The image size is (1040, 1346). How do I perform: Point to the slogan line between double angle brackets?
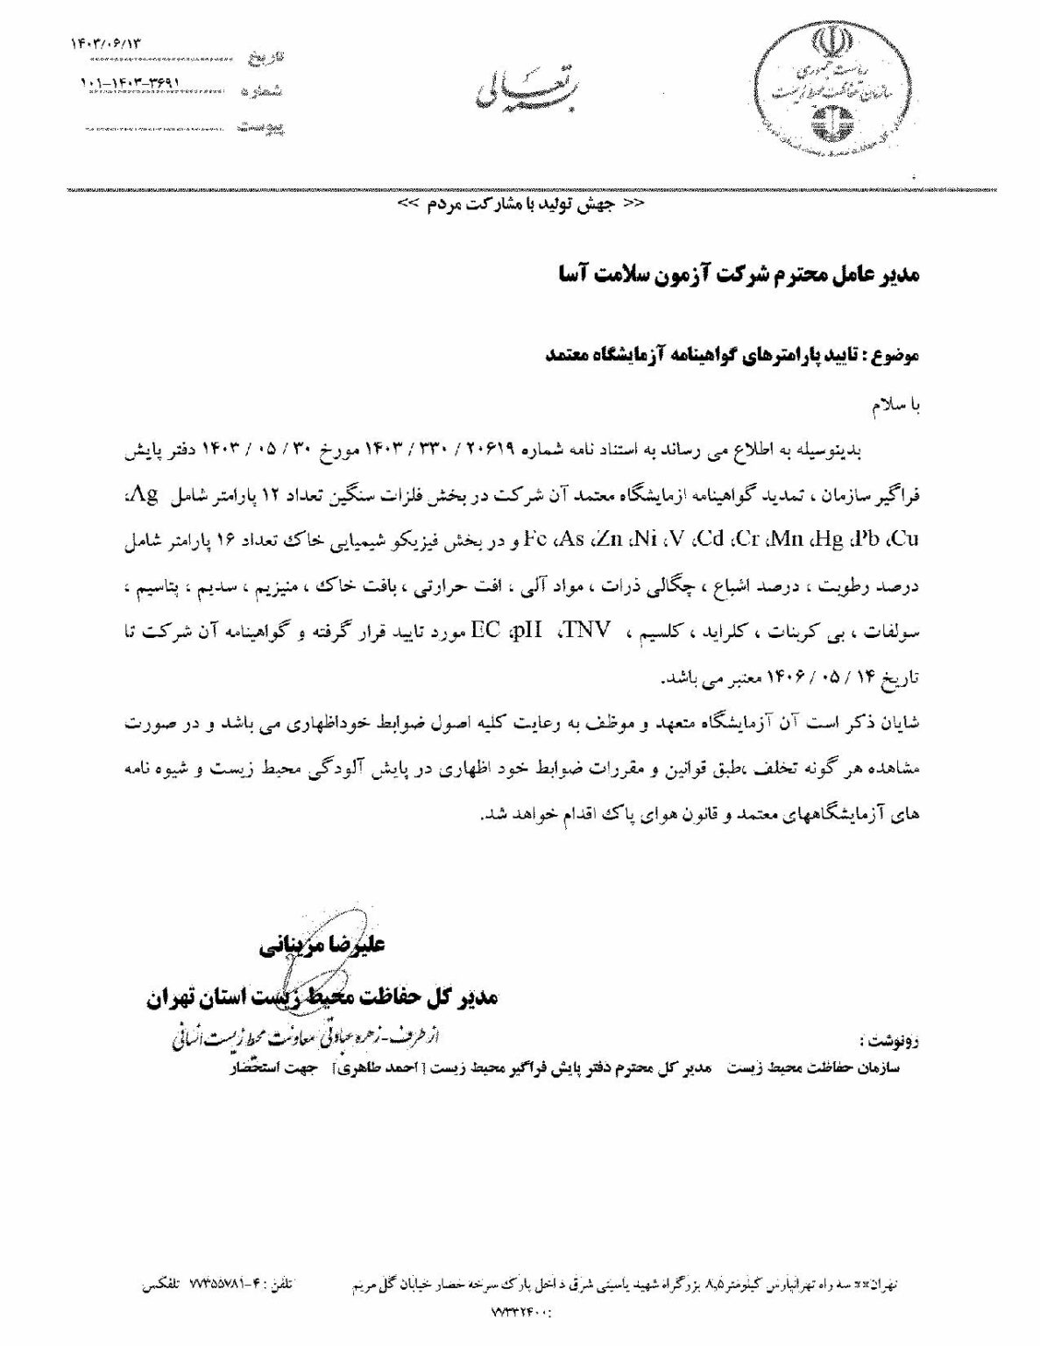pyautogui.click(x=520, y=204)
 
